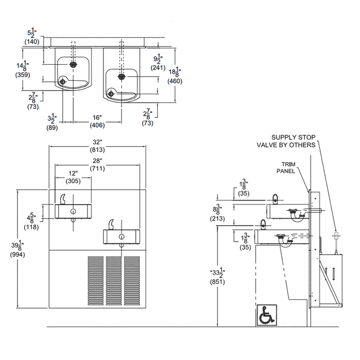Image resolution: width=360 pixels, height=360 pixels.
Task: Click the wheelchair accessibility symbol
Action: click(266, 314)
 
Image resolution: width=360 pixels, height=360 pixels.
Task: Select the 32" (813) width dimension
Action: click(97, 146)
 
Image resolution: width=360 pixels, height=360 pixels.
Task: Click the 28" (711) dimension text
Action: click(97, 164)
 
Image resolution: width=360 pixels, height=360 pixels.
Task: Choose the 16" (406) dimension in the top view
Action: click(98, 121)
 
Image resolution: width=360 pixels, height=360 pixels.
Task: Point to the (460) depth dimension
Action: click(174, 81)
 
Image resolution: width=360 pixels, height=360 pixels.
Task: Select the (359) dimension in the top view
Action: click(23, 75)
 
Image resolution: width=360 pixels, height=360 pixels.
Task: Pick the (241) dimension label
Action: click(158, 67)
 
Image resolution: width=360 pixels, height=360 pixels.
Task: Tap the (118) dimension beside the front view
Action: click(32, 226)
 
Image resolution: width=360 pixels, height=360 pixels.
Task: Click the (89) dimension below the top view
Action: click(52, 127)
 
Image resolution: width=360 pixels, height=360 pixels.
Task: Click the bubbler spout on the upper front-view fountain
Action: click(63, 199)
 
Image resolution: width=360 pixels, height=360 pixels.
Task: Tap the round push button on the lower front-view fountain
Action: click(121, 237)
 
